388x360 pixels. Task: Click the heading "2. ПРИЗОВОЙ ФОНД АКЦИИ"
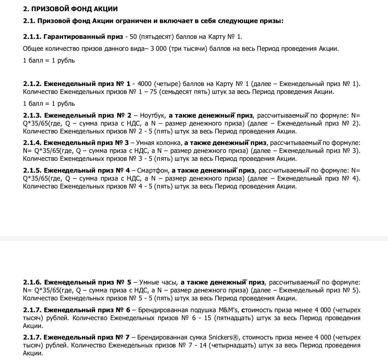tap(70, 9)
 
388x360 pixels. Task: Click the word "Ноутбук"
tap(153, 115)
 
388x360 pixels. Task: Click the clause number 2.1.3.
tap(32, 115)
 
